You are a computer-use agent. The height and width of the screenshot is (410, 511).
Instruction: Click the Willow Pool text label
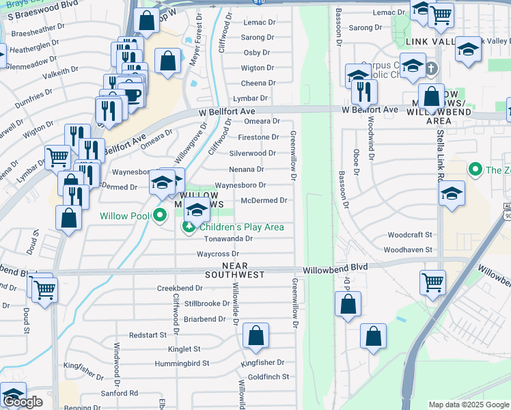(124, 216)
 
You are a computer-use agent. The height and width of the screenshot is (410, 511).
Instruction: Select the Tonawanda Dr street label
(229, 239)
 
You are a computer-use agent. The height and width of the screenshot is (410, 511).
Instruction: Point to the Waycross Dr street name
(217, 254)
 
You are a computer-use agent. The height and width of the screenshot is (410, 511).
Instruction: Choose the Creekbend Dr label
(181, 288)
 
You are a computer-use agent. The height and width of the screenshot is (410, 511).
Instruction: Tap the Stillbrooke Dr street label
(207, 303)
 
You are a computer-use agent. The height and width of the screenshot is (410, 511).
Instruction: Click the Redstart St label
(148, 335)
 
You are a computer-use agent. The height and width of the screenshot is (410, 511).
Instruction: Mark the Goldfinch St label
(268, 377)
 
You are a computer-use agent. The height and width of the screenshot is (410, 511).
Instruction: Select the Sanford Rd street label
(120, 393)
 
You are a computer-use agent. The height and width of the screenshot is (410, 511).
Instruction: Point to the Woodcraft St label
(410, 235)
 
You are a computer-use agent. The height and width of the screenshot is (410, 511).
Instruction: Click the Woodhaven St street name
(408, 250)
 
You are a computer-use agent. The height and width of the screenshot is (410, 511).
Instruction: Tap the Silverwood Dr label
(253, 153)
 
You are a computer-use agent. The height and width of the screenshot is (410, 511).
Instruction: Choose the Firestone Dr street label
(258, 137)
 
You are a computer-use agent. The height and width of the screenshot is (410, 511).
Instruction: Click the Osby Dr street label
(257, 53)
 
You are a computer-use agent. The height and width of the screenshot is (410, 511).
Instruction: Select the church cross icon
(431, 68)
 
